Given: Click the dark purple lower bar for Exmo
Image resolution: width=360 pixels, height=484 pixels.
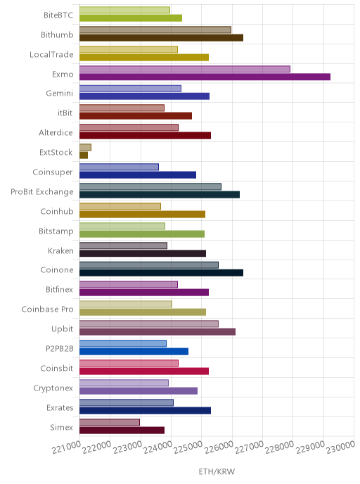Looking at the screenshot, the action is pyautogui.click(x=205, y=77).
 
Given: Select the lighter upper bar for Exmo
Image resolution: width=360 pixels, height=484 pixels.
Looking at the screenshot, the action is pyautogui.click(x=185, y=69).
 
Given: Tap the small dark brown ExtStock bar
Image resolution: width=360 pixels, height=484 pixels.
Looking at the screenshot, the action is pyautogui.click(x=84, y=155).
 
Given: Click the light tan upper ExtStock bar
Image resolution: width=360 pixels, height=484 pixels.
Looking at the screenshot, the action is pyautogui.click(x=86, y=147).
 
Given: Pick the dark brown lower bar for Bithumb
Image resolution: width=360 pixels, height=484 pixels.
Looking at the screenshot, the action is pyautogui.click(x=161, y=38).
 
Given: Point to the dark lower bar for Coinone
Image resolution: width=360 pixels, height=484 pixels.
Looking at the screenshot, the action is pyautogui.click(x=161, y=273).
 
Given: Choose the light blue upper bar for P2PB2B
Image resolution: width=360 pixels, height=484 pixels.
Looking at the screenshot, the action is pyautogui.click(x=123, y=343).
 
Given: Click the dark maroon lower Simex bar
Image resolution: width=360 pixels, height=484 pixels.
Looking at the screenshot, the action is pyautogui.click(x=122, y=430).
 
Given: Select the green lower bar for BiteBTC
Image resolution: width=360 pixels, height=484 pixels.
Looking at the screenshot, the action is pyautogui.click(x=131, y=18).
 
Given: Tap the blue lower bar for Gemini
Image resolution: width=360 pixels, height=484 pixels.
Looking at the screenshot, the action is pyautogui.click(x=144, y=96).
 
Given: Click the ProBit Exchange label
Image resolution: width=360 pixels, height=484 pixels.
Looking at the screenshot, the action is pyautogui.click(x=42, y=192).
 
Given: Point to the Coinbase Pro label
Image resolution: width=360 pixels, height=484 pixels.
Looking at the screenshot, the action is pyautogui.click(x=47, y=309).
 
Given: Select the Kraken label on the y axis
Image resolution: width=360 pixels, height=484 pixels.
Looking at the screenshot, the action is pyautogui.click(x=60, y=250).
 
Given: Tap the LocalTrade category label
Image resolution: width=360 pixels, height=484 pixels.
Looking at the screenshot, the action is pyautogui.click(x=51, y=55).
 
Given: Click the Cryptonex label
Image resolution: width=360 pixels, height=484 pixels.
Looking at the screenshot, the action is pyautogui.click(x=53, y=388).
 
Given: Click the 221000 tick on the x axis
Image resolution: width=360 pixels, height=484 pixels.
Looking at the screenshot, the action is pyautogui.click(x=66, y=447).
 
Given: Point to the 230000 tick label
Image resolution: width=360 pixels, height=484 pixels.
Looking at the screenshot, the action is pyautogui.click(x=341, y=447).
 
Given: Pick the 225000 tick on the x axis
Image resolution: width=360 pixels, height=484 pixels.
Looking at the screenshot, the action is pyautogui.click(x=188, y=447).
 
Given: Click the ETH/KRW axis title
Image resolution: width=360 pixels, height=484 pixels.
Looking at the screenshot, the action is pyautogui.click(x=217, y=471).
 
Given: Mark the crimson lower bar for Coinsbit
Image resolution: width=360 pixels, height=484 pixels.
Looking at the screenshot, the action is pyautogui.click(x=144, y=371).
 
